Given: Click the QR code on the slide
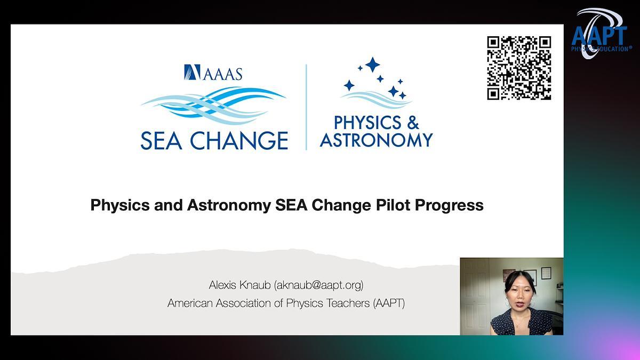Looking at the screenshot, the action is pyautogui.click(x=519, y=68).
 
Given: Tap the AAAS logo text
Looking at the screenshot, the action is pyautogui.click(x=223, y=74).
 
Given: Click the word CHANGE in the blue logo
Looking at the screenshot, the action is pyautogui.click(x=239, y=141).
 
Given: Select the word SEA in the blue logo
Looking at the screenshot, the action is pyautogui.click(x=162, y=141).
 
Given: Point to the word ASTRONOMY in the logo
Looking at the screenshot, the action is pyautogui.click(x=377, y=140).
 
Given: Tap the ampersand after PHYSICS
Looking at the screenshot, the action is pyautogui.click(x=413, y=123).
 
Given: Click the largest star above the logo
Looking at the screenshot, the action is pyautogui.click(x=373, y=65).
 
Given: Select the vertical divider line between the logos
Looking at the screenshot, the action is pyautogui.click(x=306, y=107).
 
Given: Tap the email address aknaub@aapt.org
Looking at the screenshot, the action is pyautogui.click(x=318, y=285).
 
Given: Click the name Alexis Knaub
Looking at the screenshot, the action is pyautogui.click(x=239, y=285).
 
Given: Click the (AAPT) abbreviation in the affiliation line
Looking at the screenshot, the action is pyautogui.click(x=389, y=303).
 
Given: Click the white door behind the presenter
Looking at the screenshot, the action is pyautogui.click(x=475, y=297).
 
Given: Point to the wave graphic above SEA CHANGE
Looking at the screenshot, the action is pyautogui.click(x=213, y=106).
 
